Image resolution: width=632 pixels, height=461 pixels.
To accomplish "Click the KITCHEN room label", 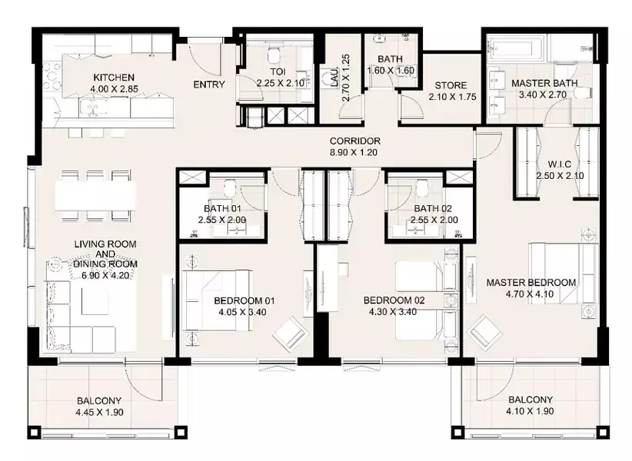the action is (114, 78).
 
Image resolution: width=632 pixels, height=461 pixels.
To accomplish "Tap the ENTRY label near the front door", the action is (209, 85).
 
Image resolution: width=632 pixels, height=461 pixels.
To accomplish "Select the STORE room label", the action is (451, 85).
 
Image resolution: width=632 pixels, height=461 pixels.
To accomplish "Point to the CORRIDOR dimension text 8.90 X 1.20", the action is (354, 153).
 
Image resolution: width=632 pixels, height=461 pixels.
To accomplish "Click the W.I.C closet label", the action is (560, 164).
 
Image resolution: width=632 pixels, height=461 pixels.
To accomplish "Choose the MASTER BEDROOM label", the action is (531, 283).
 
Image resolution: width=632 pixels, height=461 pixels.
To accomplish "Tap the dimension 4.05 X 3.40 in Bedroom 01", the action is (242, 312).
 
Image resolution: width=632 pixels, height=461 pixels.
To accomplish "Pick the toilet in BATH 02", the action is (422, 187).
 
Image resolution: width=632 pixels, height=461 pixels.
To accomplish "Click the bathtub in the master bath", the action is (515, 48).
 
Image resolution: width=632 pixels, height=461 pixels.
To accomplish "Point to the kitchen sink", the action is (94, 107).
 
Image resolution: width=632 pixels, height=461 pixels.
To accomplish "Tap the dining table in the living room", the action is (95, 196).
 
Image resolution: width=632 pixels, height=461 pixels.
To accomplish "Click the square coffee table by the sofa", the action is (95, 300).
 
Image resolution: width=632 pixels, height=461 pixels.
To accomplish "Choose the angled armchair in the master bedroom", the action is (484, 333).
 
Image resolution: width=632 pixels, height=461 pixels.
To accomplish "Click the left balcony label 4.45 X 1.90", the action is (99, 413).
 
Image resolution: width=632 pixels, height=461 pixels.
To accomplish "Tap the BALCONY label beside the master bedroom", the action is (531, 400).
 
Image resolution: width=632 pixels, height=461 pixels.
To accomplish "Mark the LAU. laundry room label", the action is (334, 78).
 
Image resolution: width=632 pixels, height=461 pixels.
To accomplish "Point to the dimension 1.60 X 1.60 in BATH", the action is (391, 71).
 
